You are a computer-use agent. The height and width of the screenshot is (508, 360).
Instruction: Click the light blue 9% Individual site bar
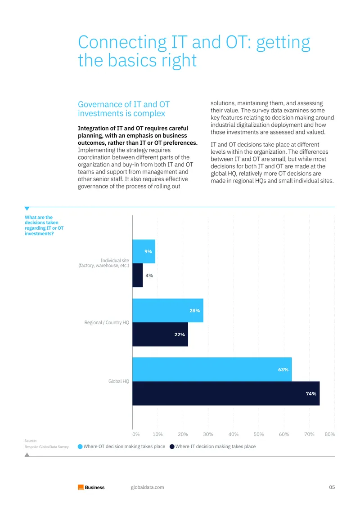point(144,251)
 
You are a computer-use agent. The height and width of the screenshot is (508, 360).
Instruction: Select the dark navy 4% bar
point(138,275)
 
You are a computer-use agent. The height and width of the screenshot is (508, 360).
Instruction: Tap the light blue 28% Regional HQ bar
point(168,310)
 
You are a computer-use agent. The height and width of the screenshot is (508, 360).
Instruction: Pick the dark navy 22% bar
point(160,334)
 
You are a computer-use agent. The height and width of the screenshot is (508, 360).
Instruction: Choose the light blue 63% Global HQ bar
point(212,370)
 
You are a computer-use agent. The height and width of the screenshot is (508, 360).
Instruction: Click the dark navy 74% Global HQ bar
point(226,393)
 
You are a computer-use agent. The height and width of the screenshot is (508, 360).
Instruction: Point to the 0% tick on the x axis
point(136,434)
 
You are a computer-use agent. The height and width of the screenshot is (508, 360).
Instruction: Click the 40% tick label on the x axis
point(234,434)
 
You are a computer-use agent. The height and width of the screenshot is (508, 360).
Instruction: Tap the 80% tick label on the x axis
point(329,434)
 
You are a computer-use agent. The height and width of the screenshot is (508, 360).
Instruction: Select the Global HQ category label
point(119,381)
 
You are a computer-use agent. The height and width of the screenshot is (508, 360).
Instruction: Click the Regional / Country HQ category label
point(107,322)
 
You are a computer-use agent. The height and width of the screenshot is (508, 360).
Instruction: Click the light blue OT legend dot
point(80,446)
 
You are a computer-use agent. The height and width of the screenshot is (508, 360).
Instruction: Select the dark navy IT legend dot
point(172,446)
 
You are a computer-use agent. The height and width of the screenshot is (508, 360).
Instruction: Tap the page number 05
point(332,487)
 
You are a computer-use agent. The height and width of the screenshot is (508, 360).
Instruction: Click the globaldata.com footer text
point(147,487)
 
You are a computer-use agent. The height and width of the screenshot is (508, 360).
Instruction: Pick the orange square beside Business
point(81,487)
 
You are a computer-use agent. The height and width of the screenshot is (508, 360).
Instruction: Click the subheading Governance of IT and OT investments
point(124,109)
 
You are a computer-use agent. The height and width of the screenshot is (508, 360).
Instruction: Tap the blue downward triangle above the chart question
point(27,209)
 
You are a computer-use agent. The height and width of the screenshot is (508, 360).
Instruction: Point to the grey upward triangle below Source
point(27,455)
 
